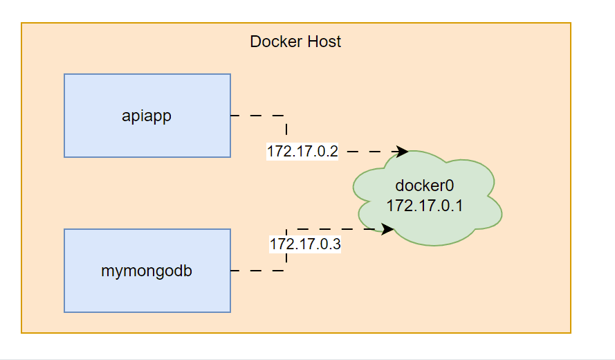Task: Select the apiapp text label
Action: coord(147,116)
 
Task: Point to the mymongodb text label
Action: coord(147,271)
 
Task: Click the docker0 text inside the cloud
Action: coord(423,186)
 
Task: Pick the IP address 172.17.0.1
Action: coord(423,205)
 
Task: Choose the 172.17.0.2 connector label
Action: coord(302,152)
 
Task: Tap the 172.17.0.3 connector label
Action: coord(305,244)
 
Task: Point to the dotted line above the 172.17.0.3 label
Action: coord(332,228)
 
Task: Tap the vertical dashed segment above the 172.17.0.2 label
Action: coord(286,130)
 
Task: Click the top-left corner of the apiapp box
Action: coord(64,74)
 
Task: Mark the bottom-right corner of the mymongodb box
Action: coord(230,312)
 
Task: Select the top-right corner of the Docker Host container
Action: coord(571,23)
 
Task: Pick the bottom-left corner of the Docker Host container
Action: coord(21,333)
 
